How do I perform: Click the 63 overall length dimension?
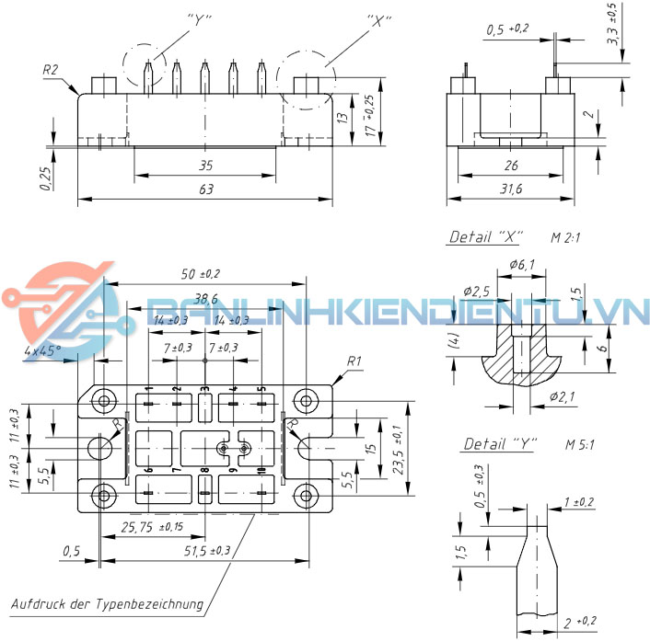point(205,189)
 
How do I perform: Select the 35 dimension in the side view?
point(205,166)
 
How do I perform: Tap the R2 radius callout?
point(52,70)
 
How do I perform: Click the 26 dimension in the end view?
point(511,166)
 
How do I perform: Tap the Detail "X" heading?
point(484,237)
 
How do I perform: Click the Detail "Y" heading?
point(496,445)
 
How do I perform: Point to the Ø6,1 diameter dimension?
point(521,267)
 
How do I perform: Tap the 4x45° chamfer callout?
point(43,350)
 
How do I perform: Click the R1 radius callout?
point(355,361)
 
